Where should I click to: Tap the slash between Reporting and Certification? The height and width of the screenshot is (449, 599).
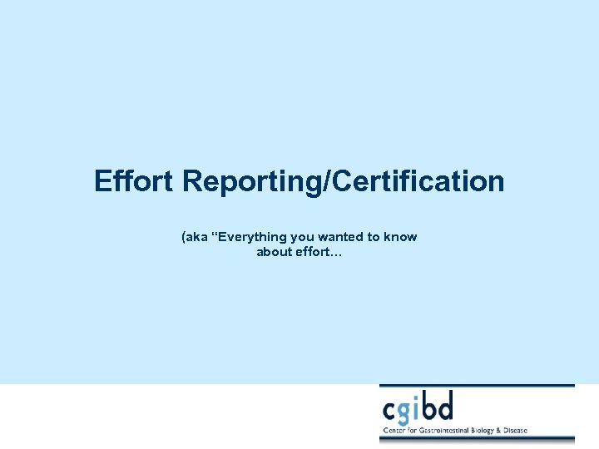click(331, 181)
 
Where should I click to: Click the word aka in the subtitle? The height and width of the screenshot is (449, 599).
click(197, 237)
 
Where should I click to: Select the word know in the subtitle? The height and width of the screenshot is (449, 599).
click(402, 237)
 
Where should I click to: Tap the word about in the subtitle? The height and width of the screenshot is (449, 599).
click(274, 252)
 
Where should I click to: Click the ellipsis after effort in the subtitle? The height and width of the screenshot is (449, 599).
click(336, 253)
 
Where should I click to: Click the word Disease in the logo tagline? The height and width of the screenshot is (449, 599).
click(514, 431)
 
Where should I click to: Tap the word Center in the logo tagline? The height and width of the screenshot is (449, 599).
click(394, 431)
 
